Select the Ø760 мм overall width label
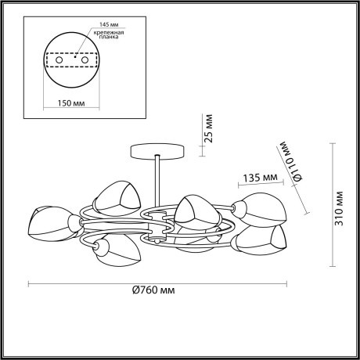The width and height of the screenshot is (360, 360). pos(152,290)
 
